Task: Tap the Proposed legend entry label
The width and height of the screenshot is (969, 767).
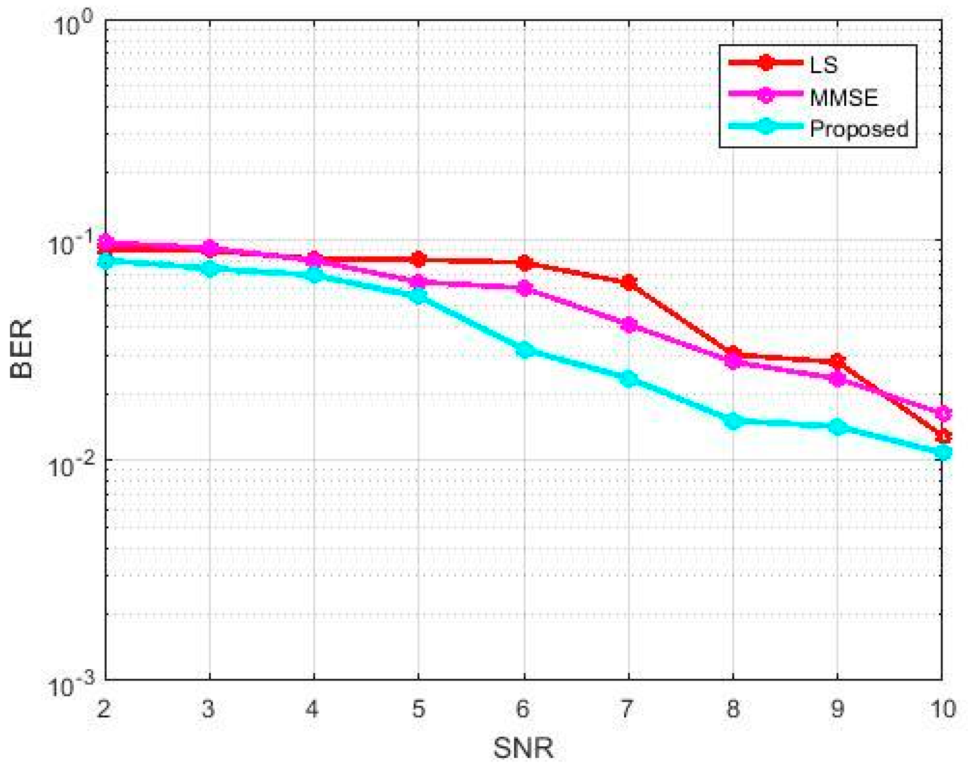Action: [859, 129]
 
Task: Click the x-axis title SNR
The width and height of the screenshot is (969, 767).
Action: [523, 748]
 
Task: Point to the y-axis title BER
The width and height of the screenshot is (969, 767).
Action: [21, 349]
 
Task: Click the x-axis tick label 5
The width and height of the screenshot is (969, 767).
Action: [418, 708]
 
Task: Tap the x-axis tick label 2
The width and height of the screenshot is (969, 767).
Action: [104, 708]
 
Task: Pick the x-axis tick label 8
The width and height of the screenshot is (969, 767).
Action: [733, 708]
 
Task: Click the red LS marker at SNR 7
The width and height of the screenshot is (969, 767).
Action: [629, 283]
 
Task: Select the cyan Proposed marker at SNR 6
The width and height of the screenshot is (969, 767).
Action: [524, 349]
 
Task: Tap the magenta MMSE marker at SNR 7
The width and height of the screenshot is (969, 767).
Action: [629, 325]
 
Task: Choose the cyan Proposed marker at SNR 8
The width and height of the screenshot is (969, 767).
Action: [733, 421]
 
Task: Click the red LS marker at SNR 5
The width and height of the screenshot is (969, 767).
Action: [419, 259]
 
